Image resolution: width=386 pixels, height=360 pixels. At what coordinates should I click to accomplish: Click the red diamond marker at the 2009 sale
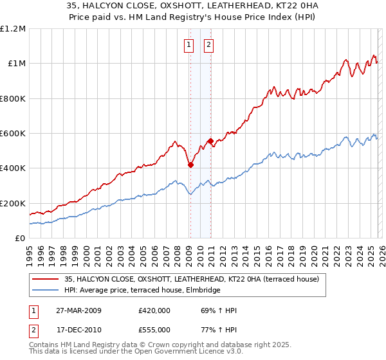point(190,165)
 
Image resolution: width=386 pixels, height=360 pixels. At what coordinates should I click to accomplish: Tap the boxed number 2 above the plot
point(210,45)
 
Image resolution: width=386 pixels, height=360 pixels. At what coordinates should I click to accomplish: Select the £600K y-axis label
point(12,134)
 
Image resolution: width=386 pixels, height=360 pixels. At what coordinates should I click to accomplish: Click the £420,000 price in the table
point(154,310)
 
